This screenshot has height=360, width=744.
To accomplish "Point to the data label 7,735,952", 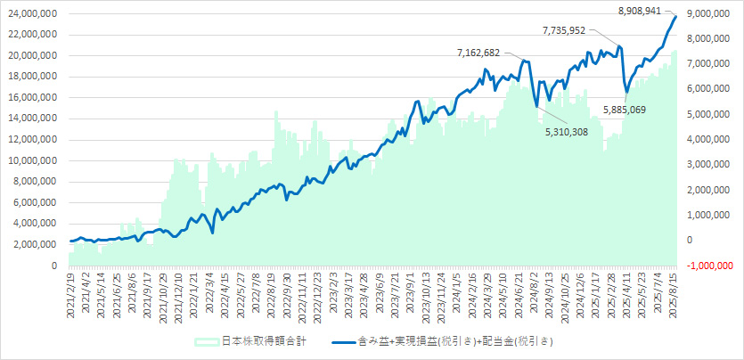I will (x=568, y=30).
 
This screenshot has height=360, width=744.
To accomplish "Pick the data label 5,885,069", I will (x=625, y=110).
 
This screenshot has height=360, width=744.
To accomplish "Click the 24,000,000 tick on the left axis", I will (x=32, y=13).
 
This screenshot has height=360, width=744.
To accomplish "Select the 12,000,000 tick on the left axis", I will (x=32, y=139).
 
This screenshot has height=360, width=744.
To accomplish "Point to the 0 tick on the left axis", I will (x=54, y=266).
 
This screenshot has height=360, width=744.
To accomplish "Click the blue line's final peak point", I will (x=675, y=16).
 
